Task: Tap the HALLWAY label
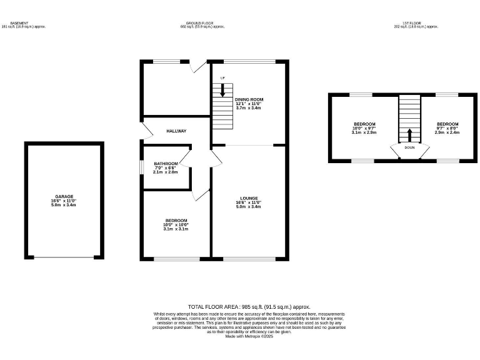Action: coord(177,131)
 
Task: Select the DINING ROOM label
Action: coord(249,99)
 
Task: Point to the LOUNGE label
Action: coord(249,198)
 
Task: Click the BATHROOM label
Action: coord(166,164)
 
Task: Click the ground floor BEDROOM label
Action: coord(176,221)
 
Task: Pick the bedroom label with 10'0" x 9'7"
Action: coord(364,124)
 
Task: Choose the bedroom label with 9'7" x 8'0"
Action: coord(447,124)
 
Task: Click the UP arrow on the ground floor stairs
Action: coord(222,89)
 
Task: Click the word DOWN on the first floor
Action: coord(409,148)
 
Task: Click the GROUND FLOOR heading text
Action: coord(202,23)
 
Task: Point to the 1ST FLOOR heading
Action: coord(416,23)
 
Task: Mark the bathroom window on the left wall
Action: coord(141,169)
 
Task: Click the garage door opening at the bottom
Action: coord(63,257)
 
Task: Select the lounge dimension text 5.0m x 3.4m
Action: coord(249,206)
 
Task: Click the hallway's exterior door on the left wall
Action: coord(144,130)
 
